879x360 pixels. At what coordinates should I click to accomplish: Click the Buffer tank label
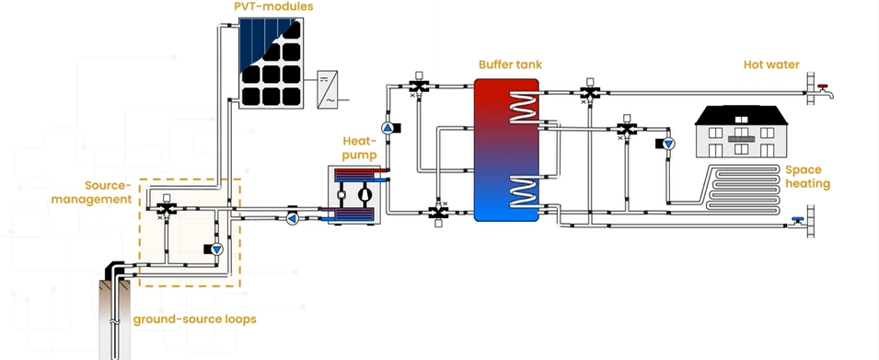point(510,64)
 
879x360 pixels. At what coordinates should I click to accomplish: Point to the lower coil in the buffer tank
point(524,191)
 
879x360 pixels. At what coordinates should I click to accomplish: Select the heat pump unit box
point(353,195)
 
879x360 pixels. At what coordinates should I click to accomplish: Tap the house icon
point(740,129)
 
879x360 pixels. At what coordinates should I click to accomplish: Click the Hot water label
point(771,64)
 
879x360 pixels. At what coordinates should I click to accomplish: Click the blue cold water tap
point(797,219)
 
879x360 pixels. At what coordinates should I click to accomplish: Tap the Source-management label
point(103,192)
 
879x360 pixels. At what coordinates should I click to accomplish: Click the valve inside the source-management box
point(167,210)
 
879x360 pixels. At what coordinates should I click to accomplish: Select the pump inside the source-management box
point(216,250)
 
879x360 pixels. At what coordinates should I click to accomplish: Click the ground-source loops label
point(194,319)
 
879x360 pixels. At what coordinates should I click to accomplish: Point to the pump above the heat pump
point(387,127)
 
